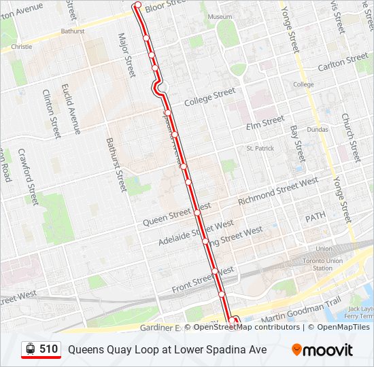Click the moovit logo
coord(322,350)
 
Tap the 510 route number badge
coord(41,349)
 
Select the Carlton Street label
coord(343,63)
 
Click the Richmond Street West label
coord(278,191)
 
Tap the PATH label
coord(315,217)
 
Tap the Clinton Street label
coord(52,113)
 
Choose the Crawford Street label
coord(28,177)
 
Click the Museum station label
coord(220,16)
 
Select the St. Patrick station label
coord(260,147)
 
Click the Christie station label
coord(22,47)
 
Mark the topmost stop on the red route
coord(138,5)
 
